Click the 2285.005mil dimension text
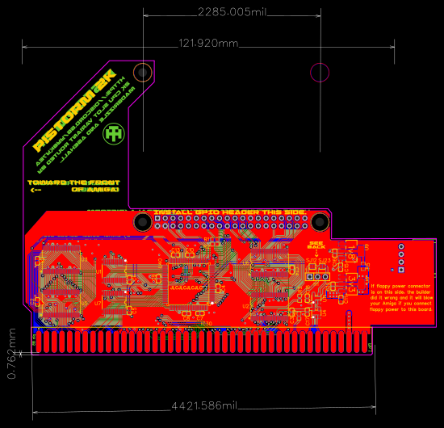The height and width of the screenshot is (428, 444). [232, 12]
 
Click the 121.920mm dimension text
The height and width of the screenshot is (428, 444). [208, 43]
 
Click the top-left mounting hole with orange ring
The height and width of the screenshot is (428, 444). [143, 73]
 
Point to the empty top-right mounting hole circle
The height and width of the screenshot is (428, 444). [320, 73]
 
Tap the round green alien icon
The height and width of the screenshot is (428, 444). [116, 132]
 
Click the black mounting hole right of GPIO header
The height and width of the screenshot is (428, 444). [320, 221]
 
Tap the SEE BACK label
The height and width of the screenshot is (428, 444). [316, 245]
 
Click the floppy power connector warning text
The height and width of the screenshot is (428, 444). [401, 296]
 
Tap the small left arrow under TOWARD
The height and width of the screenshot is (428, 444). [35, 191]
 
